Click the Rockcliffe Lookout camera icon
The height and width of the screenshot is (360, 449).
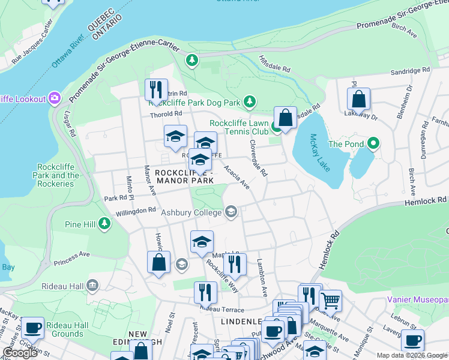55,98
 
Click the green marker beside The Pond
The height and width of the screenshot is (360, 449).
373,143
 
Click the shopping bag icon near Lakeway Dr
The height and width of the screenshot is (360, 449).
358,98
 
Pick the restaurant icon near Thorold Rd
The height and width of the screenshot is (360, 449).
157,90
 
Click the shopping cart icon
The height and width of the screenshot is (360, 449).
330,300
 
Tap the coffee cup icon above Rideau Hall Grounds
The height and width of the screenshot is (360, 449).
32,328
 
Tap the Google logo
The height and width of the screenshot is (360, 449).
20,353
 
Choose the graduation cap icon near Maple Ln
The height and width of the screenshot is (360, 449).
202,241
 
